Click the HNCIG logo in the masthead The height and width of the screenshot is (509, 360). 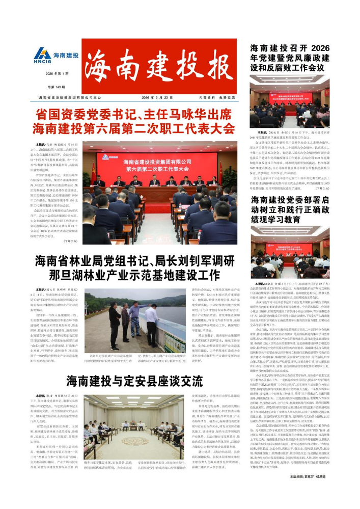tap(56, 56)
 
